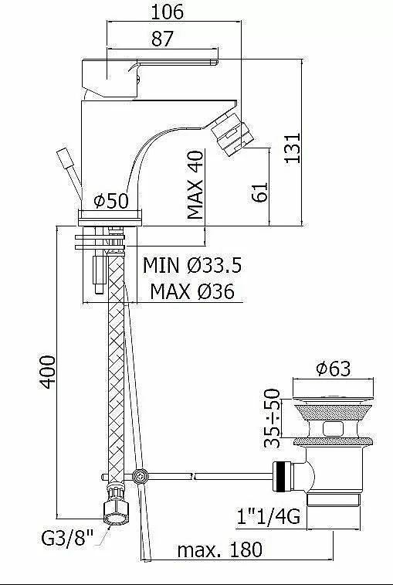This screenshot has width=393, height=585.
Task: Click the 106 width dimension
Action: click(167, 12)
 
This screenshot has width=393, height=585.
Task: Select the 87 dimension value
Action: click(163, 39)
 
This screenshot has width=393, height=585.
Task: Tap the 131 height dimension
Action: click(293, 148)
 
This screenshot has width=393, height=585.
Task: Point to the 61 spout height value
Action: click(260, 192)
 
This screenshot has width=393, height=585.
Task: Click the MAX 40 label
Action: click(195, 185)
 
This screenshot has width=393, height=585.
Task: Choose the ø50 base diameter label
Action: click(111, 201)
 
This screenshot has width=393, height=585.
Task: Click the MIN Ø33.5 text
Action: click(192, 265)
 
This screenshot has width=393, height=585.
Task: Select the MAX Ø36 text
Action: click(192, 291)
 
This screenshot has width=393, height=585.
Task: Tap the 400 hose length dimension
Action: click(47, 372)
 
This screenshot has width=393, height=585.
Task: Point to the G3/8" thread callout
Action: click(67, 538)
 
